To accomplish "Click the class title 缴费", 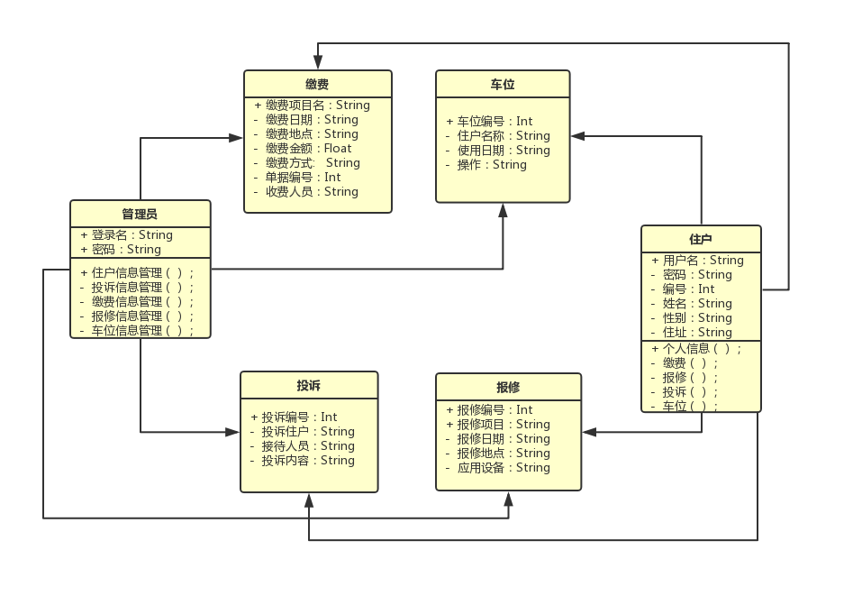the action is [x=317, y=84].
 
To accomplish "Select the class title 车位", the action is [x=503, y=84].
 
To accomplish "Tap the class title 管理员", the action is [x=140, y=214].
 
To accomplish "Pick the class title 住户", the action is [x=701, y=239].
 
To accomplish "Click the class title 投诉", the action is [x=309, y=385].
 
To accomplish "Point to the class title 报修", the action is [x=508, y=387].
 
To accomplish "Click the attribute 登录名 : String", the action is [x=132, y=235].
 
